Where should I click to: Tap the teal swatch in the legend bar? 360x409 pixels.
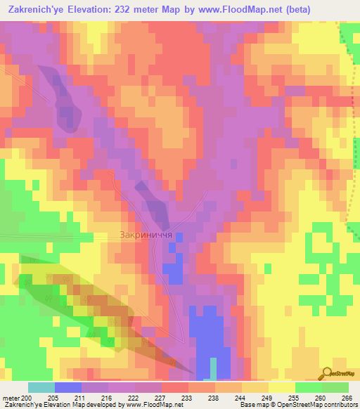coord(41,387)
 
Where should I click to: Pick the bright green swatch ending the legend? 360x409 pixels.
coord(335,387)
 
